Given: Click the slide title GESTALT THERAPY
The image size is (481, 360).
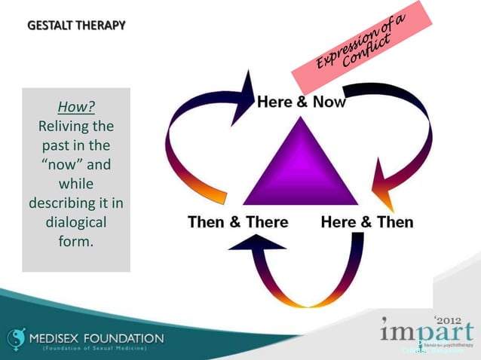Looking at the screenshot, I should click(76, 26).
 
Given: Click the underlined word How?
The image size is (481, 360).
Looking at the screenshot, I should click(76, 105).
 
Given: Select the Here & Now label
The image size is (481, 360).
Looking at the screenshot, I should click(302, 102).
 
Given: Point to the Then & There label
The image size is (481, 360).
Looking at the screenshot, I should click(237, 222).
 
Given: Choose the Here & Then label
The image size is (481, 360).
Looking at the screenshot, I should click(367, 222).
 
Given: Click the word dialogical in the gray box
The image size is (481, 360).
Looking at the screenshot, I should click(76, 223).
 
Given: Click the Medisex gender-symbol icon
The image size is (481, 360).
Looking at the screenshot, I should click(16, 340).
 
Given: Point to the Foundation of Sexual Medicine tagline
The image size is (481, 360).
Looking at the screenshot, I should click(94, 349).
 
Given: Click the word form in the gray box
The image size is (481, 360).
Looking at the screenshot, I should click(76, 243).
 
